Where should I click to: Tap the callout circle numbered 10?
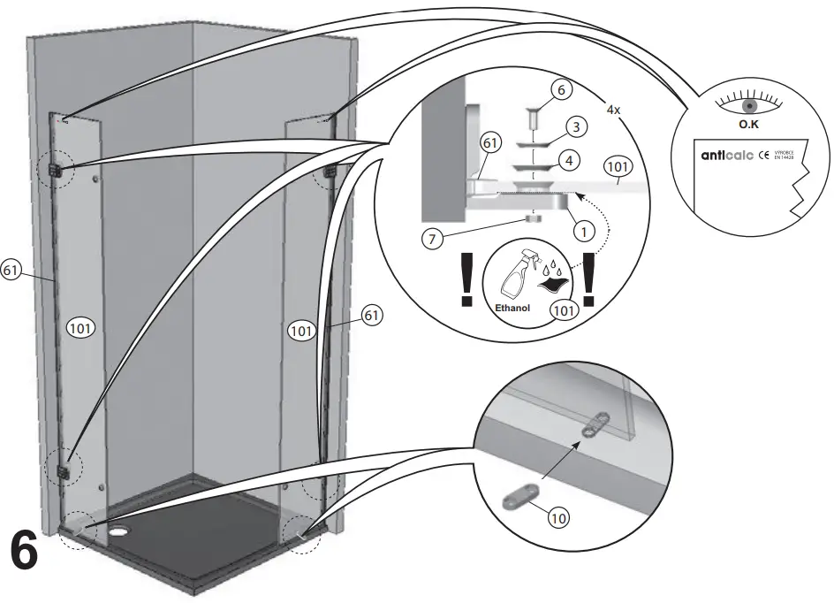(557, 519)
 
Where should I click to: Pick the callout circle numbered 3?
(575, 128)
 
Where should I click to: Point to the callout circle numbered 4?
(570, 162)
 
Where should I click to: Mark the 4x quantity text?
(613, 110)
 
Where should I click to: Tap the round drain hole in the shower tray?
(119, 534)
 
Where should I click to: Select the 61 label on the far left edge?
(11, 271)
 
